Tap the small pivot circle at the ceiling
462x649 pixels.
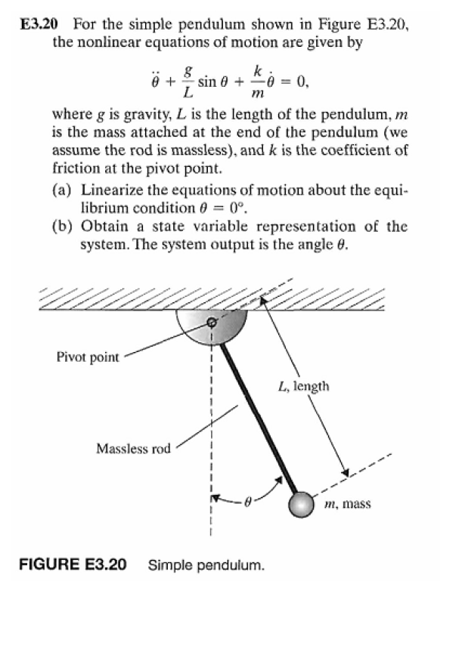[212, 322]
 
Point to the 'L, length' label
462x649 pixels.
[303, 387]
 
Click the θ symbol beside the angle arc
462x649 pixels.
[247, 501]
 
